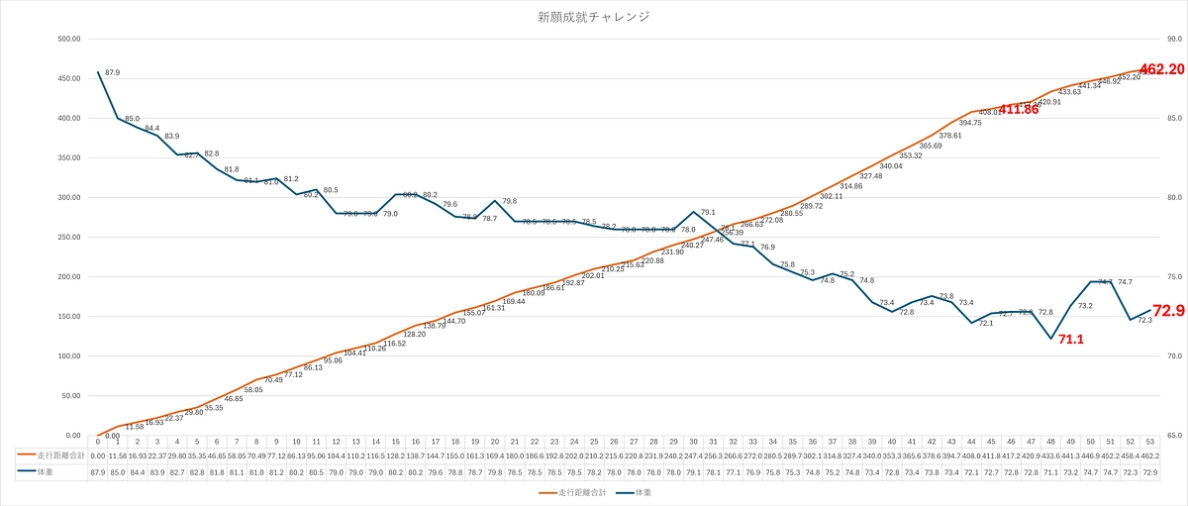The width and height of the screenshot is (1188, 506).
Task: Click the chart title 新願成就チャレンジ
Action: pyautogui.click(x=593, y=17)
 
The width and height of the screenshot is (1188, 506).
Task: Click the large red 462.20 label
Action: pyautogui.click(x=1162, y=69)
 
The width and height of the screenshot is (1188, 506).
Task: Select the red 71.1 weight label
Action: pyautogui.click(x=1070, y=340)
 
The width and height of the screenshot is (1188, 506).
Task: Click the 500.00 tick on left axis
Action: pyautogui.click(x=68, y=40)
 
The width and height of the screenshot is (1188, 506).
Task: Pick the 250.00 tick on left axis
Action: pyautogui.click(x=68, y=238)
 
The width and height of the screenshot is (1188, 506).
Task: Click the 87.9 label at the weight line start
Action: pyautogui.click(x=112, y=73)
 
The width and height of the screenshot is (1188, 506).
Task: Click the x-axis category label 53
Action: pyautogui.click(x=1149, y=442)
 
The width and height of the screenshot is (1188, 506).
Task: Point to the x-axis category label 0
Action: pyautogui.click(x=98, y=442)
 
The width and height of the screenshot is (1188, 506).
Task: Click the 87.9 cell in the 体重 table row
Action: pyautogui.click(x=98, y=472)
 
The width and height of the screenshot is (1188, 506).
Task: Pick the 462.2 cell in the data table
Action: pyautogui.click(x=1149, y=455)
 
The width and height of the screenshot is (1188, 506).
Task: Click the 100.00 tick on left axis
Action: pyautogui.click(x=68, y=356)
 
